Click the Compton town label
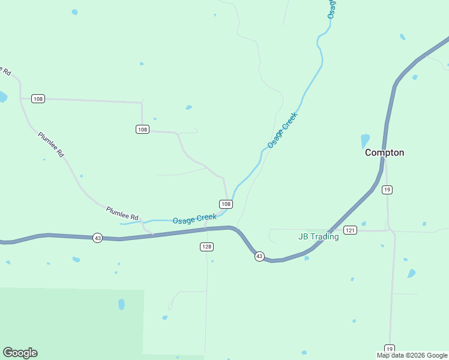pos(385,153)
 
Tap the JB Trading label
pos(319,236)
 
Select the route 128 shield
pos(207,247)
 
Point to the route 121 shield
pos(351,230)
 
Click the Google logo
pos(20,353)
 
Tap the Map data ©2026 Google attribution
pos(412,355)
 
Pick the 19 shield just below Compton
pos(387,190)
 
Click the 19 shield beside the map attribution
pos(390,349)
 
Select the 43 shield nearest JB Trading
pos(259,256)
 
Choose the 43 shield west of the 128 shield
pos(98,238)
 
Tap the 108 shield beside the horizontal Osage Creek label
pos(226,204)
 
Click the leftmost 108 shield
pos(38,98)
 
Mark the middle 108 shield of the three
pos(142,129)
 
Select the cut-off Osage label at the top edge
pos(331,8)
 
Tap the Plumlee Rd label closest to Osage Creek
pos(122,213)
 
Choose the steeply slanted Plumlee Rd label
pos(51,145)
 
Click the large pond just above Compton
pos(365,141)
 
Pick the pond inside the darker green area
pos(122,304)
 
